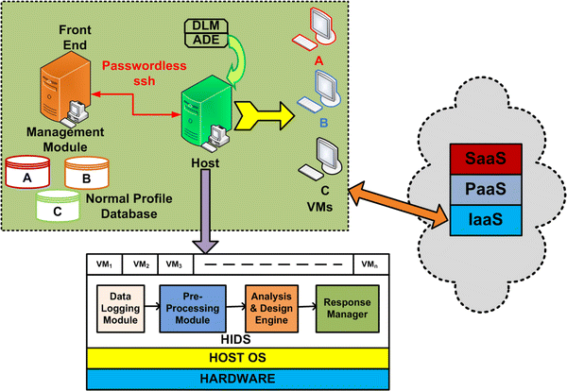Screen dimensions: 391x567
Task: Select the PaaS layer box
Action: click(482, 189)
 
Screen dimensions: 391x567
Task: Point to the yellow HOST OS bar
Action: click(238, 358)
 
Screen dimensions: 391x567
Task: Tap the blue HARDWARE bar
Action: click(238, 378)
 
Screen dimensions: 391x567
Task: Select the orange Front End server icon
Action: click(55, 83)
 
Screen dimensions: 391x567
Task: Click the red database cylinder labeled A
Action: click(27, 174)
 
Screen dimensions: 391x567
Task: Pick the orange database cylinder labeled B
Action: click(86, 174)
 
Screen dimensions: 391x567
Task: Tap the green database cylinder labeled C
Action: click(57, 205)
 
